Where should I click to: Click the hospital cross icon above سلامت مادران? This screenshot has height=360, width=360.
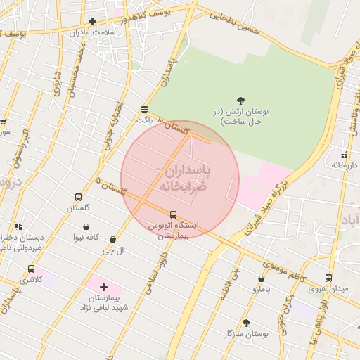point(92,21)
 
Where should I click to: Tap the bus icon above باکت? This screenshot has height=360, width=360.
point(144,109)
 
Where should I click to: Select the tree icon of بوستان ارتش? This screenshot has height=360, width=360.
point(241,101)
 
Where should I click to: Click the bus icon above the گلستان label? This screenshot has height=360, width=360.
point(77,198)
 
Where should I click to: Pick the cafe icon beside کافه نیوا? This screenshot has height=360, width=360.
point(86,227)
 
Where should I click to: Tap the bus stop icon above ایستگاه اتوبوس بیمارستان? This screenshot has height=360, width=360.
point(173,214)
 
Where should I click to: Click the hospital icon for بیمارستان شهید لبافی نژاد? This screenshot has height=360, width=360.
point(104,287)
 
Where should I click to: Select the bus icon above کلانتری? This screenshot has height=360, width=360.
point(31,269)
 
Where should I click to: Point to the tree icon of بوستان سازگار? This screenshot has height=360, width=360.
point(246,323)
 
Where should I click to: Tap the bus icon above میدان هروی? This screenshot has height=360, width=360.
point(328,278)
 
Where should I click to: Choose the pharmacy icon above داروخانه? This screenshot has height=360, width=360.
point(343,155)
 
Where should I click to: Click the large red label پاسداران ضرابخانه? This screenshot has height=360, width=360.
point(180,179)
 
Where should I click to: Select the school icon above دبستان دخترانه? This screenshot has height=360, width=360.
point(18,227)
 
